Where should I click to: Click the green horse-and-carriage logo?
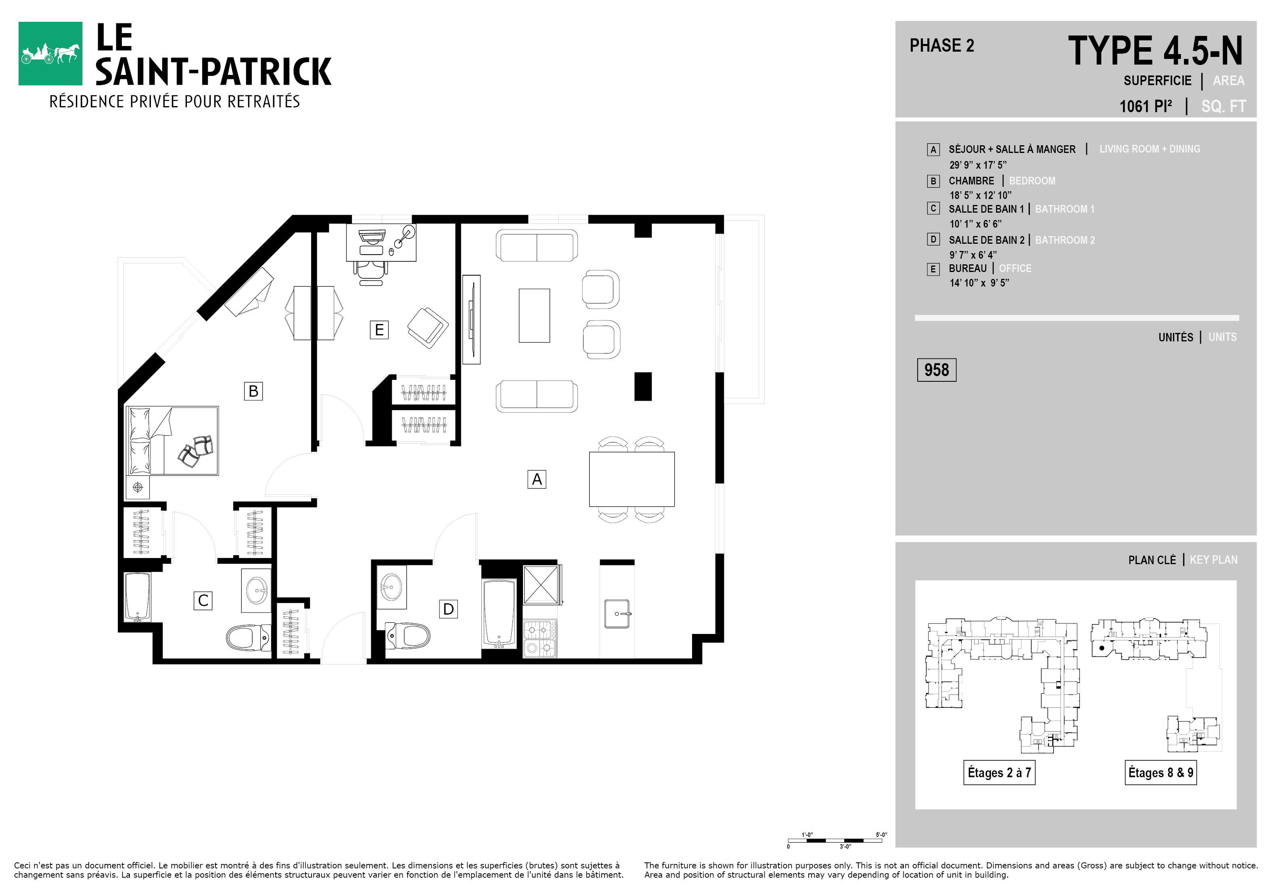pos(50,53)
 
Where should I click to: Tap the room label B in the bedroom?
pos(253,391)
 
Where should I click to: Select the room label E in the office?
pos(379,330)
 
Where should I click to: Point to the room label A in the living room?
pos(537,479)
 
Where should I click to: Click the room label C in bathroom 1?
pos(203,600)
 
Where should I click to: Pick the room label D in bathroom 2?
pos(448,609)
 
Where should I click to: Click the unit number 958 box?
pos(936,370)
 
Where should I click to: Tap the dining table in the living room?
pos(632,479)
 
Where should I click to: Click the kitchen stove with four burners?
pos(540,639)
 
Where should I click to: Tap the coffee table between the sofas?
pos(534,316)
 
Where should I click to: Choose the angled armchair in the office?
pos(427,328)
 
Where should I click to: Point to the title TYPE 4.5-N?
pos(1155,51)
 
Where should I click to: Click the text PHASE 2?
pos(942,46)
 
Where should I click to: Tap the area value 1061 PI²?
pos(1146,106)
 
